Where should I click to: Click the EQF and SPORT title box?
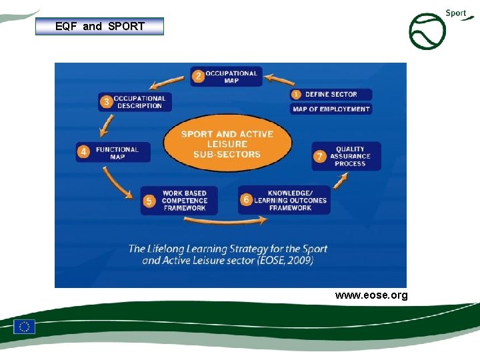point(99,27)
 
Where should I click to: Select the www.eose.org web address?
point(371,295)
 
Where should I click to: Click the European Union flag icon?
point(25,327)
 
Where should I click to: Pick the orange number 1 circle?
point(297,95)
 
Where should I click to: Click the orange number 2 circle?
point(197,76)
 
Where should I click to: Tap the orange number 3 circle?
point(105,102)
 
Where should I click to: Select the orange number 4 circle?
point(83,153)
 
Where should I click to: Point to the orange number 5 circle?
point(149,201)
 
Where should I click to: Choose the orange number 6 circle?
point(247,200)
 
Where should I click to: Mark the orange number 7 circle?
point(320,157)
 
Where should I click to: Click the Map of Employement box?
point(331,109)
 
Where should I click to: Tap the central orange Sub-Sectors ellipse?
point(227,143)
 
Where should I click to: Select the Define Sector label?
point(331,95)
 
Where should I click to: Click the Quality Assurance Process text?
point(351,157)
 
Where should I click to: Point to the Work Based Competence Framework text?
point(184,201)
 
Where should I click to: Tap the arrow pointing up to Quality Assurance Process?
point(341,181)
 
